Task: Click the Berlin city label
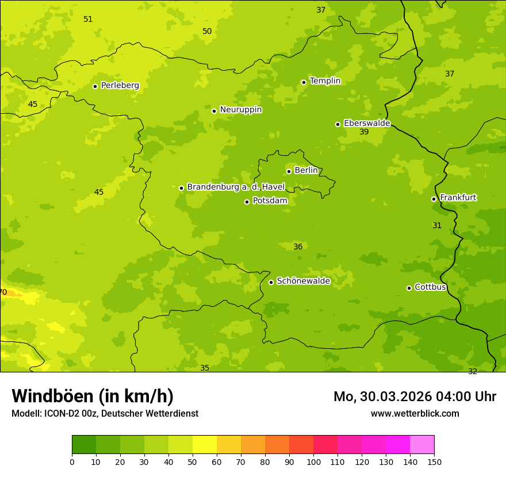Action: pos(306,171)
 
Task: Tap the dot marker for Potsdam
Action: pos(247,202)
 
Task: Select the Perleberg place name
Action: pos(120,86)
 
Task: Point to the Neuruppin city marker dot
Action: pos(214,111)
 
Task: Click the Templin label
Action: pos(325,81)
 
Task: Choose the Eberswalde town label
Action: pos(367,124)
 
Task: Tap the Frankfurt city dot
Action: pos(434,199)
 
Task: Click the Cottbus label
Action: pos(430,287)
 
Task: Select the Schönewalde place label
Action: pos(303,282)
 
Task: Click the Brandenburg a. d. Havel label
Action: pos(236,187)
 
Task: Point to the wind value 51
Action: pos(88,20)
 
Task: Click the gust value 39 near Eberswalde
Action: pos(364,132)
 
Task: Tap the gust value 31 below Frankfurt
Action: pos(437,226)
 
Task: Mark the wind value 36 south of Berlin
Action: pos(298,247)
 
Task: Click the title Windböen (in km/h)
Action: pos(93,397)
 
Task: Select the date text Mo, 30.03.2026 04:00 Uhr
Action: pos(415,397)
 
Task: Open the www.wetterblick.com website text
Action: pos(415,414)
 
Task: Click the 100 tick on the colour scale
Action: pos(313,462)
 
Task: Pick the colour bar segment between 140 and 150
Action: pos(422,445)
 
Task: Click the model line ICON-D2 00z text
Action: pos(105,414)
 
